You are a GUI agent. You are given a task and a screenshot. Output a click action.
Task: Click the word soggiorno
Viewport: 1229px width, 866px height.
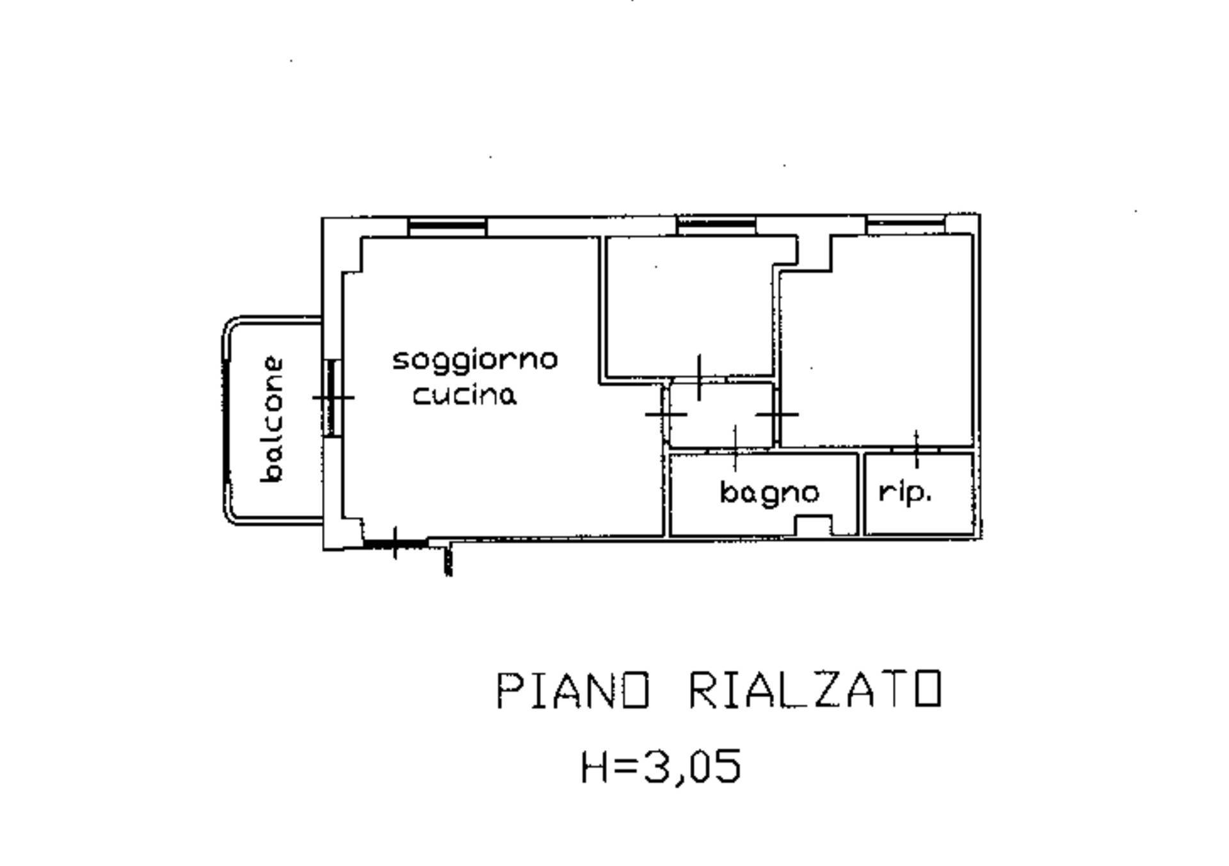pyautogui.click(x=474, y=361)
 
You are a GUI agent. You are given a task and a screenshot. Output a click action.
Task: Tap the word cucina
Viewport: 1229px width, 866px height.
pyautogui.click(x=464, y=395)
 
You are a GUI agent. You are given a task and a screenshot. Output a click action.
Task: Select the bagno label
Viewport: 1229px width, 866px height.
pyautogui.click(x=769, y=493)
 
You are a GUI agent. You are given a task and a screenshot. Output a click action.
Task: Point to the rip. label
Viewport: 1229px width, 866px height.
pyautogui.click(x=905, y=492)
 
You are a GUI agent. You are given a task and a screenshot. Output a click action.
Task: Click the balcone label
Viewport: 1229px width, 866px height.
pyautogui.click(x=272, y=420)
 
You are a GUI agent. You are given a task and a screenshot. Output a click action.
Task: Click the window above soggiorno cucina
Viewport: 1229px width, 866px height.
pyautogui.click(x=447, y=226)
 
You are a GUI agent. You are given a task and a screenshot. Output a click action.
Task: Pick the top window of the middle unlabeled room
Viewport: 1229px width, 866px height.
pyautogui.click(x=716, y=225)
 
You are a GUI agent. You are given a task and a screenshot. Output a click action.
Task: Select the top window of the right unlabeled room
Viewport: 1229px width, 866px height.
pyautogui.click(x=905, y=223)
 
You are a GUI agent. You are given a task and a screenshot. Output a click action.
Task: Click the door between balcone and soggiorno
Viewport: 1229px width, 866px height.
pyautogui.click(x=332, y=397)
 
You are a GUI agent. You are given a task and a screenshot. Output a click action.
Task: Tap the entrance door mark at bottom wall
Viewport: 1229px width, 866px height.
pyautogui.click(x=395, y=543)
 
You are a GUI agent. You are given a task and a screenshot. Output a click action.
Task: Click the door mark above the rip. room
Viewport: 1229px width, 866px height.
pyautogui.click(x=916, y=449)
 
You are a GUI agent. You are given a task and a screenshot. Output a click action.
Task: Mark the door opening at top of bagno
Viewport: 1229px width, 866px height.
pyautogui.click(x=735, y=450)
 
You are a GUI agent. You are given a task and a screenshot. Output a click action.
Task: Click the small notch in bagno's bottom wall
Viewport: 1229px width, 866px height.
pyautogui.click(x=813, y=525)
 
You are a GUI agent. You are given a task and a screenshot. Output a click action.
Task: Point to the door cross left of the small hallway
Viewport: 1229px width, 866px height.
pyautogui.click(x=666, y=414)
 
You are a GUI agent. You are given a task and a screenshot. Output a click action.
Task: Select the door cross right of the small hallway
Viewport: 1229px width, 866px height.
pyautogui.click(x=776, y=414)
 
